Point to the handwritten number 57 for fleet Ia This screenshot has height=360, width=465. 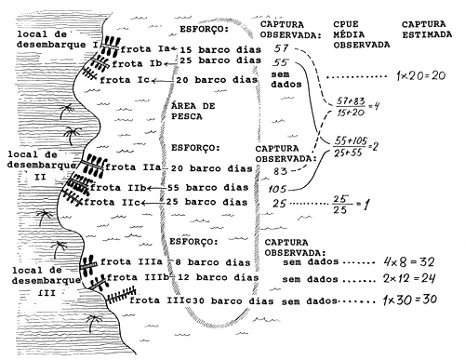point(283,47)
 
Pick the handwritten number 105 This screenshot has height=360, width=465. point(277,189)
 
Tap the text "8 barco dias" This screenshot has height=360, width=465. point(208,261)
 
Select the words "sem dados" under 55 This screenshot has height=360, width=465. point(284,80)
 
